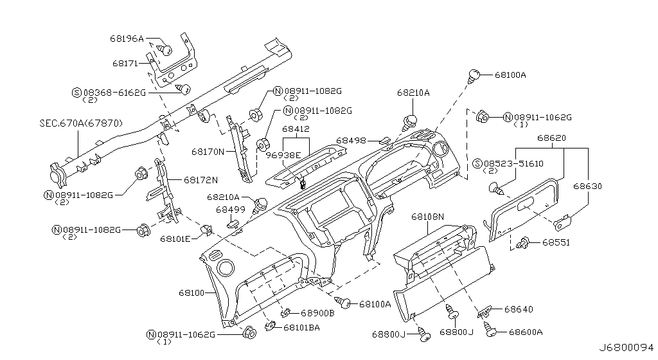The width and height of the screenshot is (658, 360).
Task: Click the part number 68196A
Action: [x=127, y=39]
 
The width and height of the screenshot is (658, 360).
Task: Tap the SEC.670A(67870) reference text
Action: [x=79, y=123]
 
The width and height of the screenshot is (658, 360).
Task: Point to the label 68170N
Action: [x=207, y=152]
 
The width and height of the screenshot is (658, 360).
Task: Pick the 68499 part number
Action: [x=230, y=210]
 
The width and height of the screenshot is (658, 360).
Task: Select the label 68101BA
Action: [x=301, y=328]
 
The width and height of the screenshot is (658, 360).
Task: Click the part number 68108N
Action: [x=427, y=217]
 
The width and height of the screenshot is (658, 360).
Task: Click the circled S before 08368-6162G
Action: [x=77, y=93]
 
